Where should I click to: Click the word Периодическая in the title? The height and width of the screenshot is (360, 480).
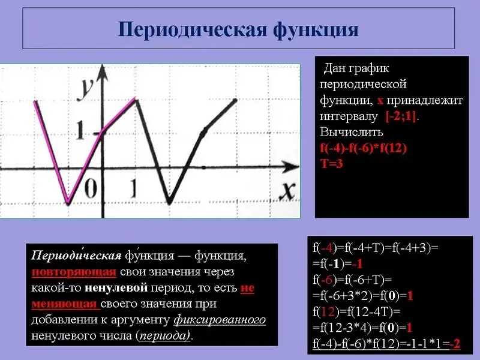192,29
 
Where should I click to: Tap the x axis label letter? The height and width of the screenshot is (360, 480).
287,191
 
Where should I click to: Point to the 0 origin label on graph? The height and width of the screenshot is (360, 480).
91,188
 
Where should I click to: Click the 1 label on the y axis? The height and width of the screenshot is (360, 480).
80,130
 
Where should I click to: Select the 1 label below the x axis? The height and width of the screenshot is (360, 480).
133,188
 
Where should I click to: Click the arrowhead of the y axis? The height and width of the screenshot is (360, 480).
103,73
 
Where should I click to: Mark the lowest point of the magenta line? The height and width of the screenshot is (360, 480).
68,202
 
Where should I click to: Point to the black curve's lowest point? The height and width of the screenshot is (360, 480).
169,202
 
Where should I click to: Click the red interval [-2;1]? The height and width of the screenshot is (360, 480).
401,116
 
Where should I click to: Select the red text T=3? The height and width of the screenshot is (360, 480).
332,164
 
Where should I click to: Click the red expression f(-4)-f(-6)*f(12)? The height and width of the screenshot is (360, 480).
364,148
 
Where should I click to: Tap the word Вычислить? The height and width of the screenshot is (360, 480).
352,132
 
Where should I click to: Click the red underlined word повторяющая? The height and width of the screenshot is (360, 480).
74,272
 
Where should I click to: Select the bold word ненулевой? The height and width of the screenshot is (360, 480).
116,287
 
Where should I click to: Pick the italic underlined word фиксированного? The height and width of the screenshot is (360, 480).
220,320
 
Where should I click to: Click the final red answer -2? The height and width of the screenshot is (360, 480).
455,344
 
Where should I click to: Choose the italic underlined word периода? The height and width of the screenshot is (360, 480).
164,335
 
